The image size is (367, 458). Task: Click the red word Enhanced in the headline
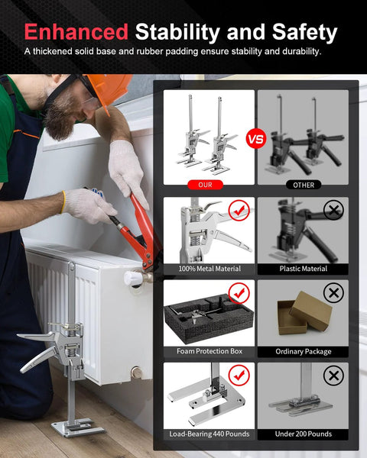point(75,32)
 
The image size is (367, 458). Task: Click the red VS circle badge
point(255,140)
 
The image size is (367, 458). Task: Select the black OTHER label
point(303,185)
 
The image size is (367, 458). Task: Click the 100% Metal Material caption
point(209,269)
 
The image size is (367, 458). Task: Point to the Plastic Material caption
point(303,269)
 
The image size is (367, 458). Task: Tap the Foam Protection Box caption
point(209,351)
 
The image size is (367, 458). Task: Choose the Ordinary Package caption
point(303,351)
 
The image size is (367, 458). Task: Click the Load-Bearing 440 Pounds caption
point(209,434)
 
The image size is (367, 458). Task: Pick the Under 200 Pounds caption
point(303,434)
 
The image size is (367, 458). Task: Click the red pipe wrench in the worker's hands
point(141,225)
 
